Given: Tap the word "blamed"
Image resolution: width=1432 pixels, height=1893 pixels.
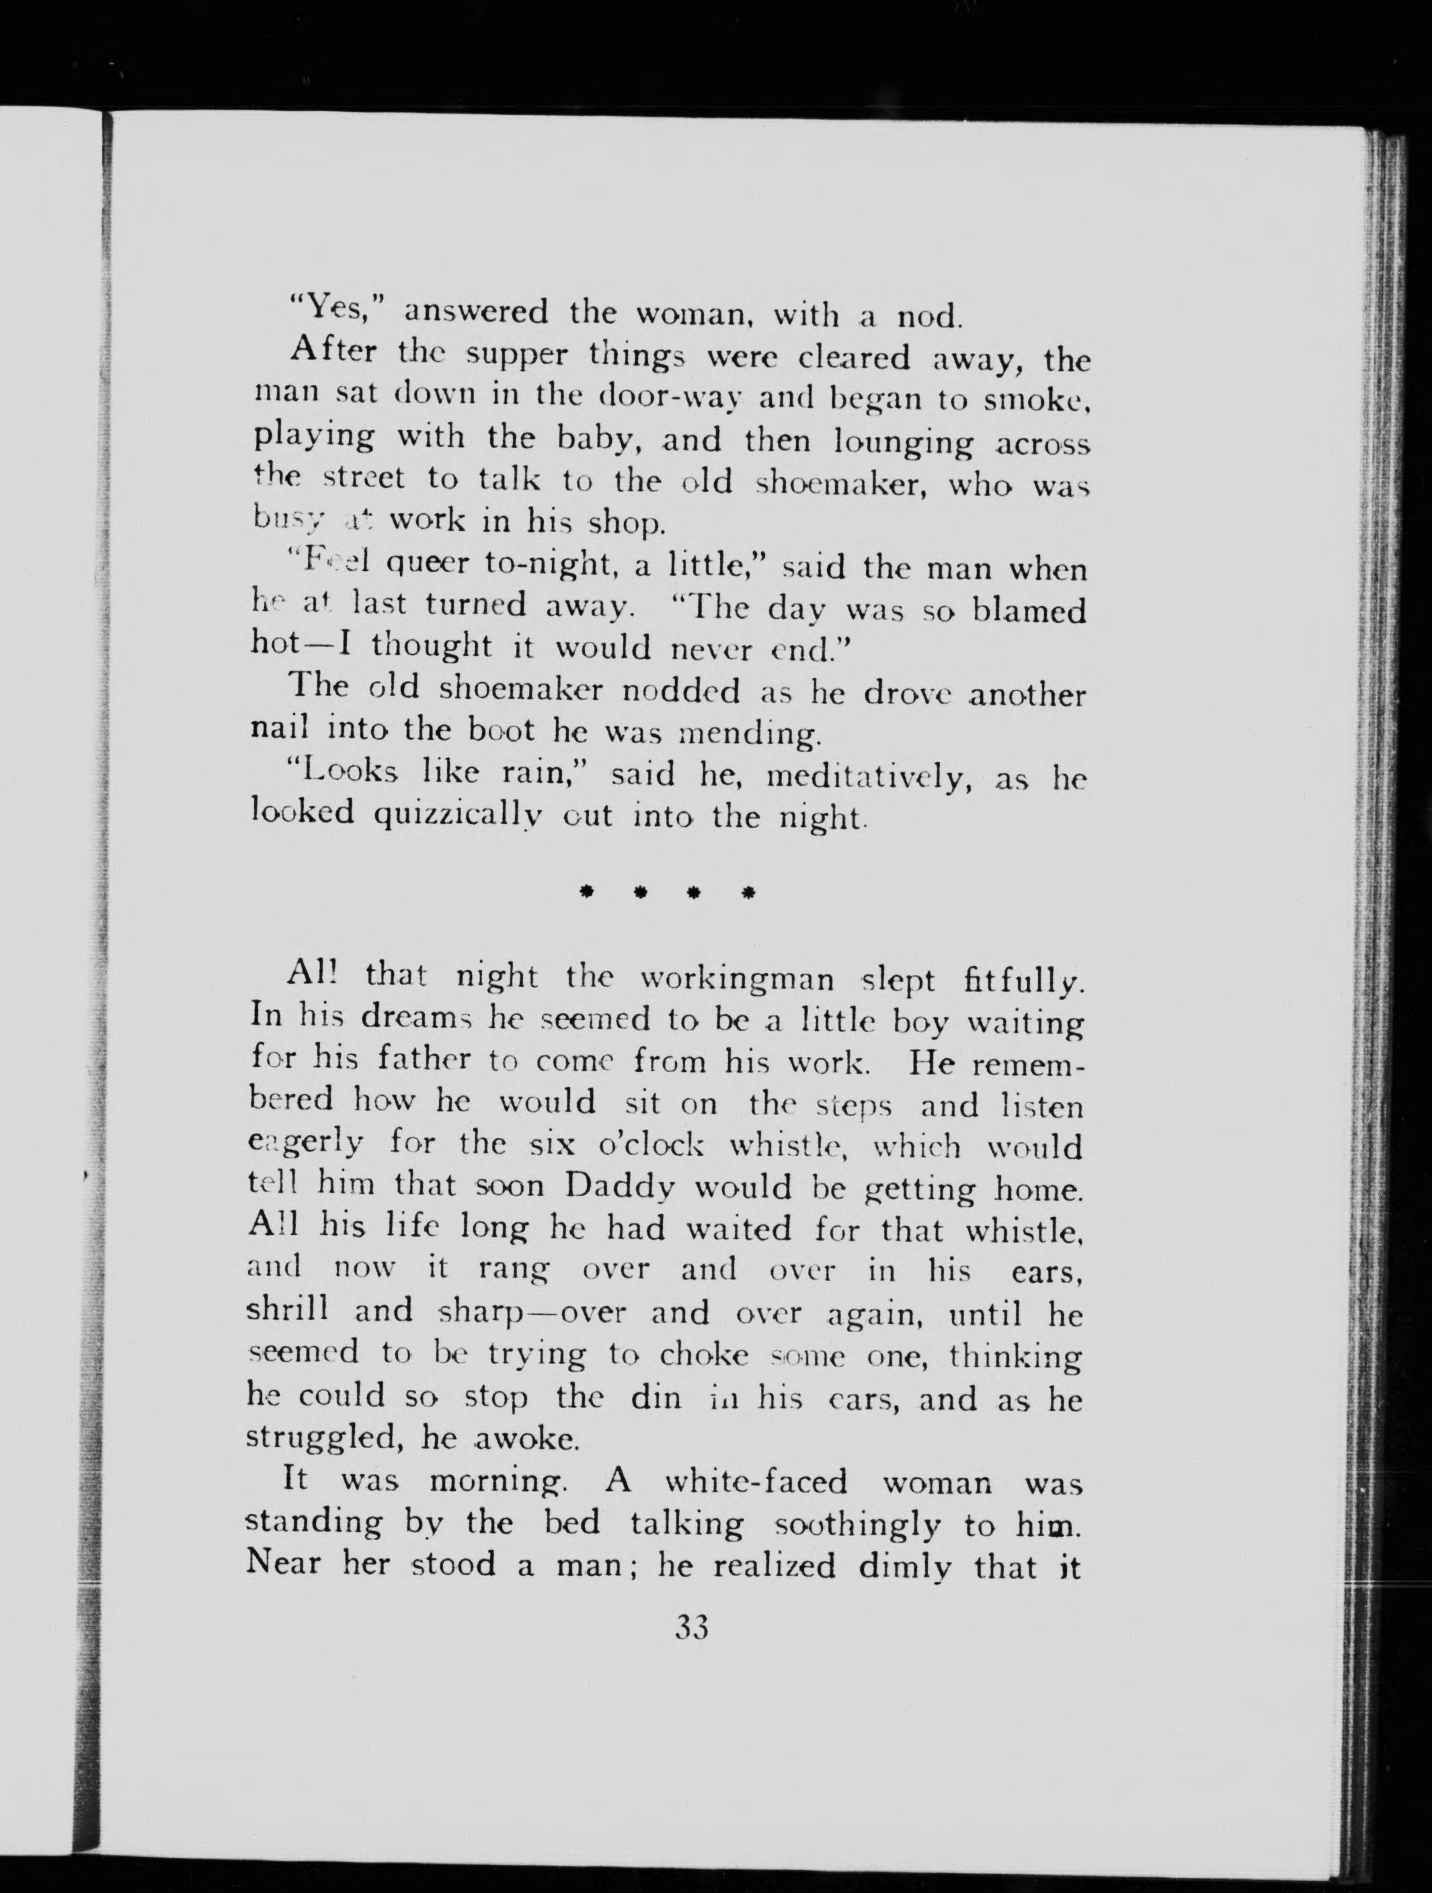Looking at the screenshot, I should pos(1031,610).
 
